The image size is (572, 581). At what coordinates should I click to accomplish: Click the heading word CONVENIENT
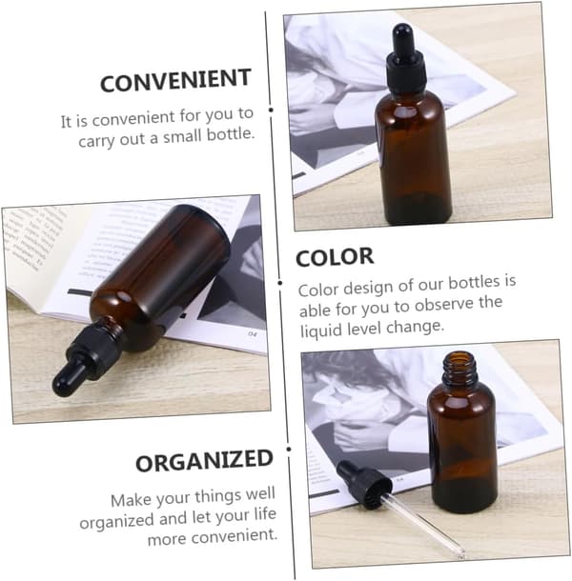coord(175,80)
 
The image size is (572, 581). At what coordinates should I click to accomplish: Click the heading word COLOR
coord(335,257)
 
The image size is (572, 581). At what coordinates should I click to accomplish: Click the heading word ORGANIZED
coord(204,461)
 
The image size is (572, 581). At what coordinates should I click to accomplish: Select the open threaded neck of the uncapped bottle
coord(460,368)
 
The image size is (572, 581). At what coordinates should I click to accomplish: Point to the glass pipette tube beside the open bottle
coord(424,524)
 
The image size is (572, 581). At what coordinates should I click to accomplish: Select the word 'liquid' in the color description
coord(321,330)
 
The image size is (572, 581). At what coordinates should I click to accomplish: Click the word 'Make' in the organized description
coord(131,500)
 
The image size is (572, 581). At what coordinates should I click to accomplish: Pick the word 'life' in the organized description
coord(265,514)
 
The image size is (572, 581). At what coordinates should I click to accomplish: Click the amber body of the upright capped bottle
coord(413,155)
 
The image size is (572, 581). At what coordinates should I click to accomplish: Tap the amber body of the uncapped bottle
coord(462,448)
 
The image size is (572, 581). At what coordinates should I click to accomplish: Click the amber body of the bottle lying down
coord(159,274)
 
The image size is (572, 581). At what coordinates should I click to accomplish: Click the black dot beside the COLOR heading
coord(280,283)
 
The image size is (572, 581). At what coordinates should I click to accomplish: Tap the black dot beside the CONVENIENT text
coord(271,110)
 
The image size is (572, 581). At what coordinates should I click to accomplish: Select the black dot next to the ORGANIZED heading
coord(289,450)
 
